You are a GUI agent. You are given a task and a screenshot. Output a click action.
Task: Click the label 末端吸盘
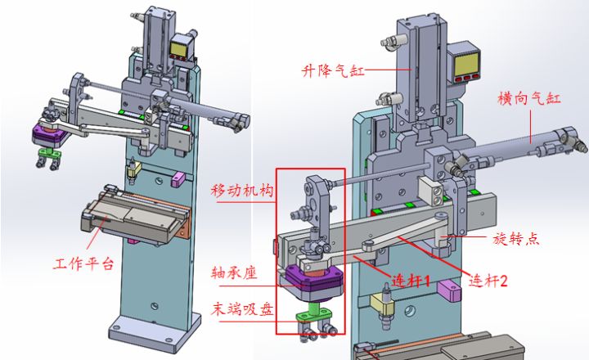click(x=241, y=308)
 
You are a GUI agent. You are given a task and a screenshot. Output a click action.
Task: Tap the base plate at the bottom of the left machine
click(x=155, y=329)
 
